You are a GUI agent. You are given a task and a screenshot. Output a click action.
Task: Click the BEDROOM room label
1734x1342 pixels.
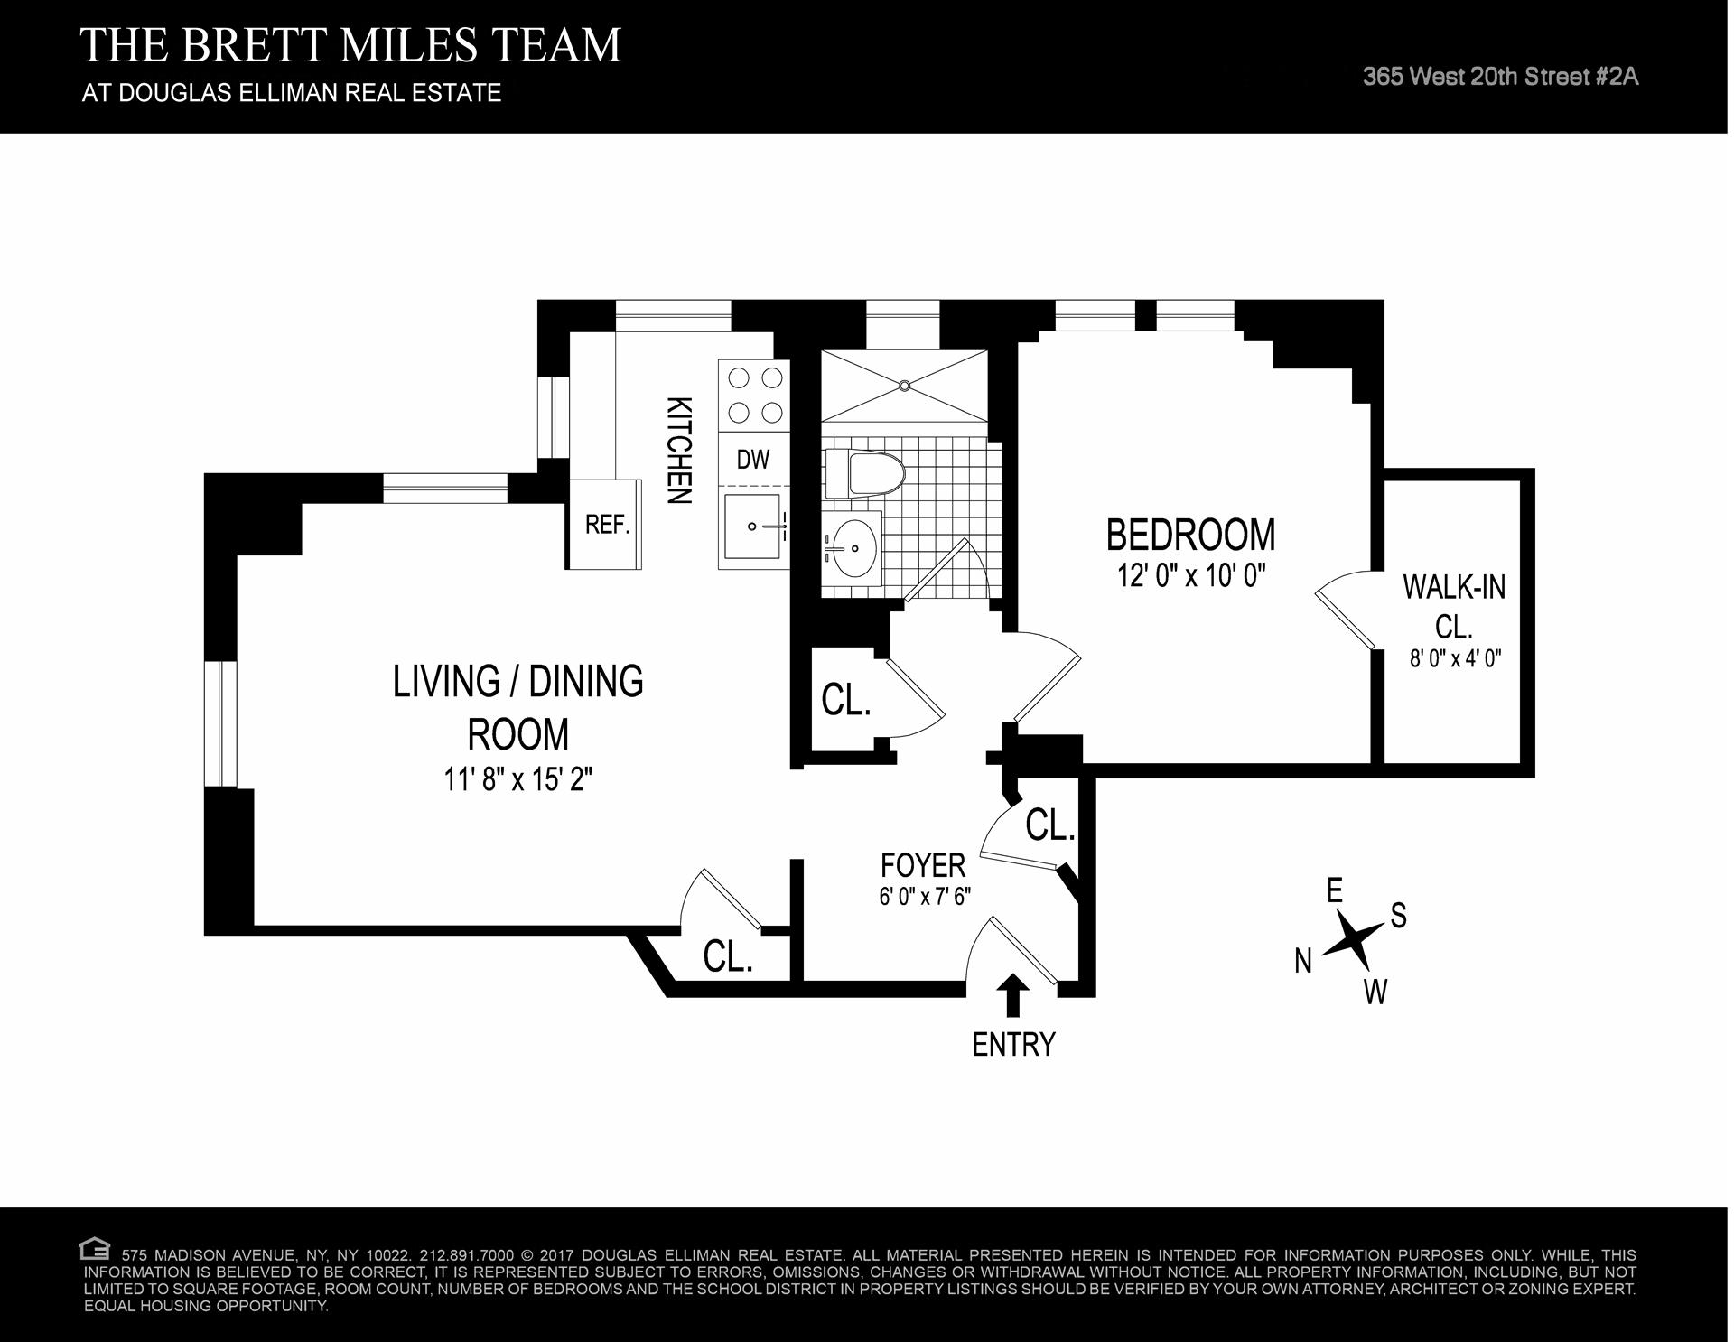click(1190, 535)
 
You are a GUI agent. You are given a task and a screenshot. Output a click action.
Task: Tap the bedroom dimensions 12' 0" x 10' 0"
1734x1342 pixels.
click(1190, 575)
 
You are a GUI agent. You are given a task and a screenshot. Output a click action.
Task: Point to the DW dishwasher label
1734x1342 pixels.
click(753, 460)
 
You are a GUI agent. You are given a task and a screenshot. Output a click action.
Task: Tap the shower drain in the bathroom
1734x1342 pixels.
click(904, 386)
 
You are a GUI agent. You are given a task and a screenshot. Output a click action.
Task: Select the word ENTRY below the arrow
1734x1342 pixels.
click(1013, 1045)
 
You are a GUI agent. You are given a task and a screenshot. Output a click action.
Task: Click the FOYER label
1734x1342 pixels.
click(923, 866)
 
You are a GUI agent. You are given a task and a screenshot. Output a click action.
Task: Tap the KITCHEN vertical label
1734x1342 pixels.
click(679, 450)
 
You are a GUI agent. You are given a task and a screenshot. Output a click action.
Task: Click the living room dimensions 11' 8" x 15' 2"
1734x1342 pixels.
click(517, 778)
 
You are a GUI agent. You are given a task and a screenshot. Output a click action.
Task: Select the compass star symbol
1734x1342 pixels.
click(1352, 939)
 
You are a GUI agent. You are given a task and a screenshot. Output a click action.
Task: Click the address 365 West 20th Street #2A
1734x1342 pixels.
click(1500, 77)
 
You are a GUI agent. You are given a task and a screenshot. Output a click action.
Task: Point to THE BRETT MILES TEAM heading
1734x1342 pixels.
click(351, 44)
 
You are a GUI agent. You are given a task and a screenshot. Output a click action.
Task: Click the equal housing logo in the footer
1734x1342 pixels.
click(93, 1250)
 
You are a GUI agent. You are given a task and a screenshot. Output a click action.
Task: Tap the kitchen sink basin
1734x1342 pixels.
click(750, 527)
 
